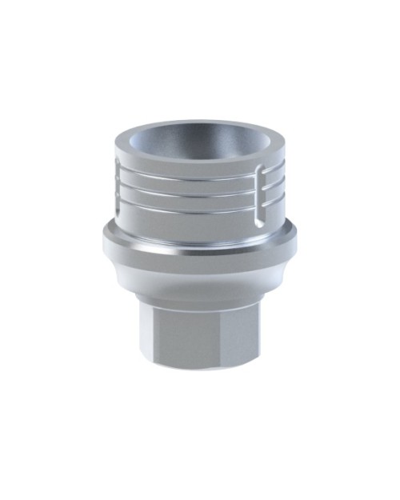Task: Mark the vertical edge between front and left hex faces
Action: click(x=158, y=336)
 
